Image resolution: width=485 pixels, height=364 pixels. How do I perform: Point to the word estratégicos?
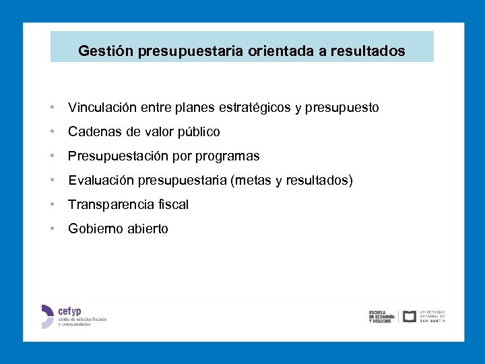pyautogui.click(x=258, y=108)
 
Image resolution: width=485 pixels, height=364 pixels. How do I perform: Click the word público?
pyautogui.click(x=198, y=132)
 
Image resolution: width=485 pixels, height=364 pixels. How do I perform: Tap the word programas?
pyautogui.click(x=228, y=156)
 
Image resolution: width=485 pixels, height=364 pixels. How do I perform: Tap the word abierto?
pyautogui.click(x=146, y=229)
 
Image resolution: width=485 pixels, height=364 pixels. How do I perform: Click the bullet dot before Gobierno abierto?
pyautogui.click(x=52, y=229)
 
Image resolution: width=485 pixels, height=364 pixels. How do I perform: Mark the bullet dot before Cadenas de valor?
pyautogui.click(x=52, y=131)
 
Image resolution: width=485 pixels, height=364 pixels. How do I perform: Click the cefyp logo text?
pyautogui.click(x=69, y=311)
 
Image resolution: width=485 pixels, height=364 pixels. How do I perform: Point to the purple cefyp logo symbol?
pyautogui.click(x=46, y=316)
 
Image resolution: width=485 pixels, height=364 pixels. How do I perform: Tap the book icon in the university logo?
pyautogui.click(x=409, y=316)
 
